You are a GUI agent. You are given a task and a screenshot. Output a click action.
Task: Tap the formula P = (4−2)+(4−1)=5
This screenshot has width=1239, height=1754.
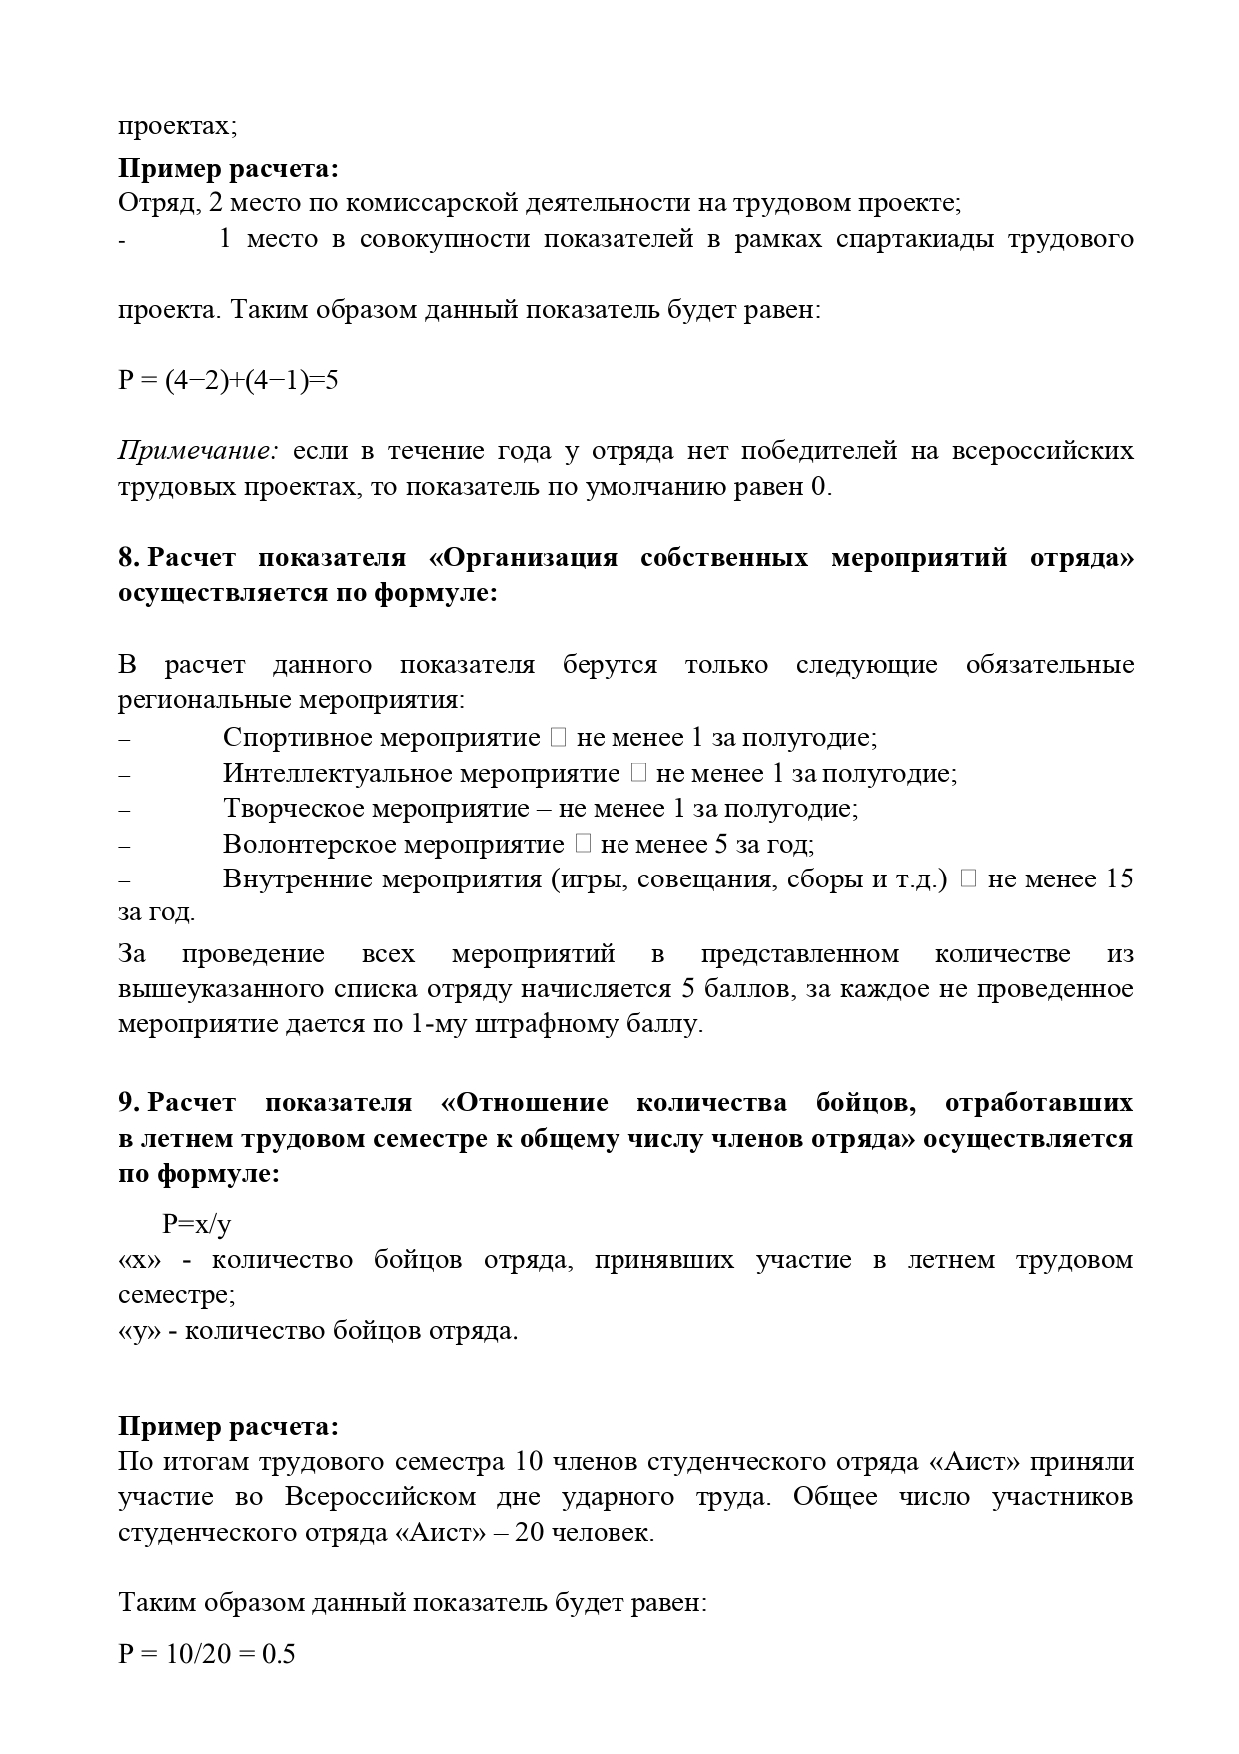228,380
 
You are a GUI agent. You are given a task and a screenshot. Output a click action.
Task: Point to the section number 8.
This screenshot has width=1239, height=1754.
129,557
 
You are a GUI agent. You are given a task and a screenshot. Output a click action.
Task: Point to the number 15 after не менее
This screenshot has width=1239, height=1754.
1119,879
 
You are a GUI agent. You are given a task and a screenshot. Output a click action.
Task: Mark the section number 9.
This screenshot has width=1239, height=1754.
129,1102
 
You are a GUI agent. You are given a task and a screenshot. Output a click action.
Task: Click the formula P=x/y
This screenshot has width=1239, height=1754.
197,1224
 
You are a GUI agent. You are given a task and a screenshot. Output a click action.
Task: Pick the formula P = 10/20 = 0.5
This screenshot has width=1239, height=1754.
207,1654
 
